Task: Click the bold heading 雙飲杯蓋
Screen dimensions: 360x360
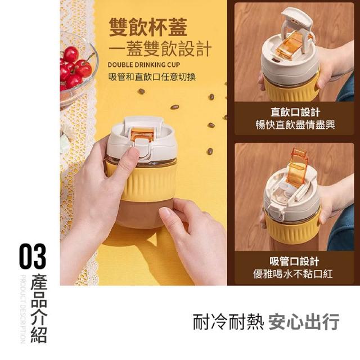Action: click(x=148, y=28)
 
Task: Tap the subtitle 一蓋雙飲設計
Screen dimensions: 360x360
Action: click(x=160, y=49)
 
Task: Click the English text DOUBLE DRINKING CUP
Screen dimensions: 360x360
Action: click(x=144, y=65)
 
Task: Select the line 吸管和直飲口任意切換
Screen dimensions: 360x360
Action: click(x=152, y=77)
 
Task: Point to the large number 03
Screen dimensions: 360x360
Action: click(x=33, y=256)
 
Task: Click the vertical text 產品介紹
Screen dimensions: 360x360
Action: click(x=39, y=308)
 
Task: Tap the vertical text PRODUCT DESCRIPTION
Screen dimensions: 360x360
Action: click(x=22, y=309)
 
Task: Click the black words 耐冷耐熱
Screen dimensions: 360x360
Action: click(x=228, y=322)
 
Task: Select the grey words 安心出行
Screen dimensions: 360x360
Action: click(x=304, y=322)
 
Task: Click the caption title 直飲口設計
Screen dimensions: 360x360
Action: click(x=295, y=112)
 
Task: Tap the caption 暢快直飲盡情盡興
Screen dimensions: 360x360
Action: click(x=295, y=125)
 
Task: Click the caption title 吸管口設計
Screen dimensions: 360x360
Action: click(x=294, y=261)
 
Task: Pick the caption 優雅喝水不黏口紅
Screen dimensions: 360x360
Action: click(x=293, y=274)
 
